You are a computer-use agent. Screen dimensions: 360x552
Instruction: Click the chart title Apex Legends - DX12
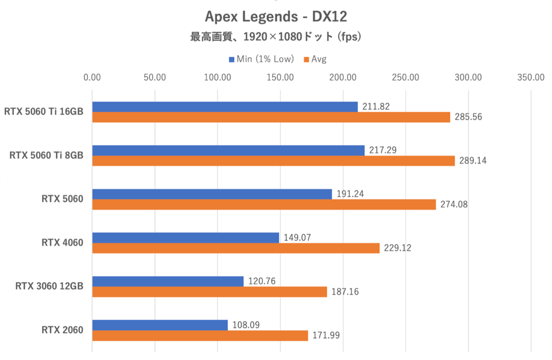[x=276, y=17]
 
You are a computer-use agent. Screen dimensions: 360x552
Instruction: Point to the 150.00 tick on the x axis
[x=280, y=77]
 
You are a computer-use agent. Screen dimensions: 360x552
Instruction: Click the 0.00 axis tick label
[x=92, y=77]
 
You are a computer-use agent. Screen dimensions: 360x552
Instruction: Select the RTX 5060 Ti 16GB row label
[x=44, y=112]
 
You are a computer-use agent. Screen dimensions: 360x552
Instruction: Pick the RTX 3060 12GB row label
[x=49, y=286]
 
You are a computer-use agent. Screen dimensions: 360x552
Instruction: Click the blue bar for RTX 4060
[x=185, y=238]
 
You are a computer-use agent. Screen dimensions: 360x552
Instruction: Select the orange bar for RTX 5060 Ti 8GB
[x=273, y=161]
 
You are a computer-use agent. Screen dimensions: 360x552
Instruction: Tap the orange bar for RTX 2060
[x=200, y=336]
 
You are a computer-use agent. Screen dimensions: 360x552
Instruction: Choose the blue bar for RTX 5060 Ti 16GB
[x=225, y=107]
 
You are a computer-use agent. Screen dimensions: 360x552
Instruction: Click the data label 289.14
[x=472, y=161]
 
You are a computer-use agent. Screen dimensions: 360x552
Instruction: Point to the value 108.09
[x=246, y=325]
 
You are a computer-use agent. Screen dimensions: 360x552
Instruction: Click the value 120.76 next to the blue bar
[x=261, y=281]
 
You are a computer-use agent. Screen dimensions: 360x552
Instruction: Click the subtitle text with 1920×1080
[x=276, y=37]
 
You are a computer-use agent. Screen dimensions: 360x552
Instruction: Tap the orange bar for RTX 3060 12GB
[x=209, y=292]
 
